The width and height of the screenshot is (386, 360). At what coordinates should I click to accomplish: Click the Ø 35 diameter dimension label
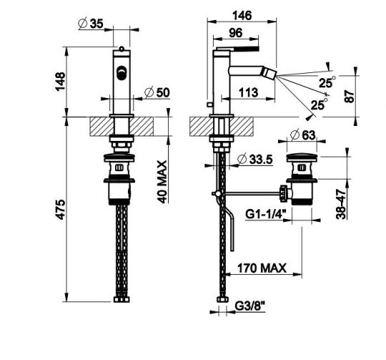(91, 24)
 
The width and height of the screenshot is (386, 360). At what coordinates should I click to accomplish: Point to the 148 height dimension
(60, 82)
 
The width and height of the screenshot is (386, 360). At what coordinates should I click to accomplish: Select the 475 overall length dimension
(60, 210)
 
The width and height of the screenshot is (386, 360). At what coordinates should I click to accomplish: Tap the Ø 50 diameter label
(157, 92)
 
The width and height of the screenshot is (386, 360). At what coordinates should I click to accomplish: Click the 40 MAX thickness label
(162, 182)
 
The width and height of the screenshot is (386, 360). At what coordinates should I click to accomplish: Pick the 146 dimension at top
(242, 16)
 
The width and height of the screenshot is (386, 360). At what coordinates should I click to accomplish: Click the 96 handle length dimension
(236, 33)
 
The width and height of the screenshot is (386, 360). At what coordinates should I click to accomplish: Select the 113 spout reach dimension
(248, 92)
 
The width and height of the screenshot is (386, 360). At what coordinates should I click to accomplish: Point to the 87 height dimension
(350, 97)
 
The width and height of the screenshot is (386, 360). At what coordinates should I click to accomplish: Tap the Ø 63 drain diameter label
(302, 135)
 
